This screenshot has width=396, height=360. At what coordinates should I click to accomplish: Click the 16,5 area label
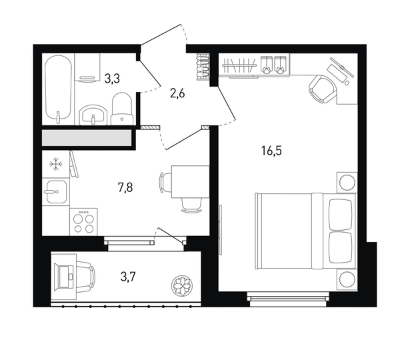coord(271,151)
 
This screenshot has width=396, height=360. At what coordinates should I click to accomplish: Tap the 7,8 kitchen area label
coord(125,188)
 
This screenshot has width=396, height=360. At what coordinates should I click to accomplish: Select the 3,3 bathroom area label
coord(112,79)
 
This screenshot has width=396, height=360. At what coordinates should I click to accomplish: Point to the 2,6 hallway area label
coord(177,94)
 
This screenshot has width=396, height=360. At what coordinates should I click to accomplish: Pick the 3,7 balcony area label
coord(128,277)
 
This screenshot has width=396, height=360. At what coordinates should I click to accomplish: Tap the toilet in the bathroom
coord(122,109)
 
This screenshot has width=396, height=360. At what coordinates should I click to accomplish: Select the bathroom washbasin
coord(93,115)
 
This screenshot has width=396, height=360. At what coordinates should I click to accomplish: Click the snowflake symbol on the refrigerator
coord(56,165)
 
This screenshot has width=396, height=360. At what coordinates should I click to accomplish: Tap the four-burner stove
coord(83,221)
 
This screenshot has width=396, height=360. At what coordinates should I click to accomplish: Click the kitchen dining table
coord(190,181)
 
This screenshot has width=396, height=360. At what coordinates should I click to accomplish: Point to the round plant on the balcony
coord(181,286)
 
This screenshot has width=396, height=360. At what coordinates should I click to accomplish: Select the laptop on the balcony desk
coord(66,277)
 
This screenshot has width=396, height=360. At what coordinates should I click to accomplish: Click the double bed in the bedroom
coord(306,231)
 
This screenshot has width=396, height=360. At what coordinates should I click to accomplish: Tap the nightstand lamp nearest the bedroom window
coord(347,280)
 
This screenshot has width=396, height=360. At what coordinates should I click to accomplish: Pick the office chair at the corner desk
coord(323,89)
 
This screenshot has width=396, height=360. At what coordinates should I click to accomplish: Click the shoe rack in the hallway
coord(203,67)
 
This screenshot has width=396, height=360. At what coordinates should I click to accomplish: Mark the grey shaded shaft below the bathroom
coord(87,138)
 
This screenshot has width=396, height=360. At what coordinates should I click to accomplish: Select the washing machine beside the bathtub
coord(87,67)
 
